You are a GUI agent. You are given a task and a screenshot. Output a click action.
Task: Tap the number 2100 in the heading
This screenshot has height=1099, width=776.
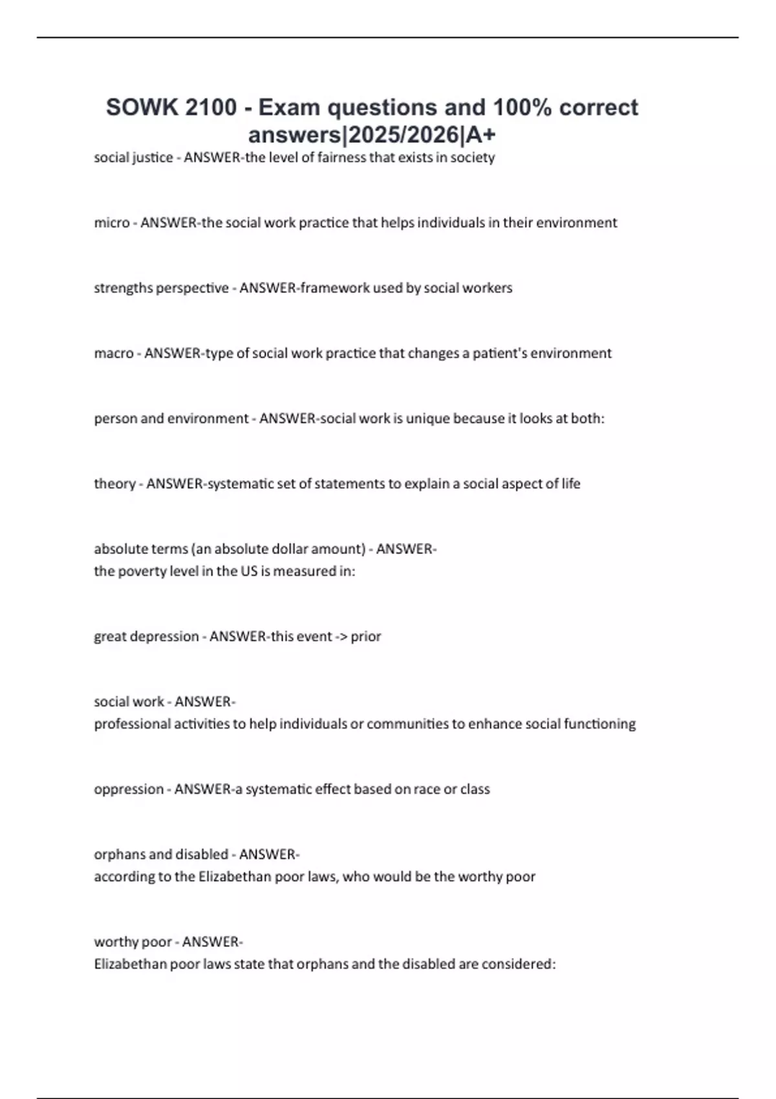pos(211,107)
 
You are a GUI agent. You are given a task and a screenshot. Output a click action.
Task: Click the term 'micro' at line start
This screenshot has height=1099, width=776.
pos(112,223)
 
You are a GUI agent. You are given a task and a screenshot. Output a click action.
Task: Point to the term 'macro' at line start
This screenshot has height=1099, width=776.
pos(114,354)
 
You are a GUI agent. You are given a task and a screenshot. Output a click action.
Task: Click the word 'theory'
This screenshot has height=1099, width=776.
pos(115,484)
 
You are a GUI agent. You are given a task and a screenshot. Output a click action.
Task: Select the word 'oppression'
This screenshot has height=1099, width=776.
pos(129,789)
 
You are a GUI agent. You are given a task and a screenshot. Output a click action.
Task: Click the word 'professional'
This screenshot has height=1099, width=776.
pos(132,724)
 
